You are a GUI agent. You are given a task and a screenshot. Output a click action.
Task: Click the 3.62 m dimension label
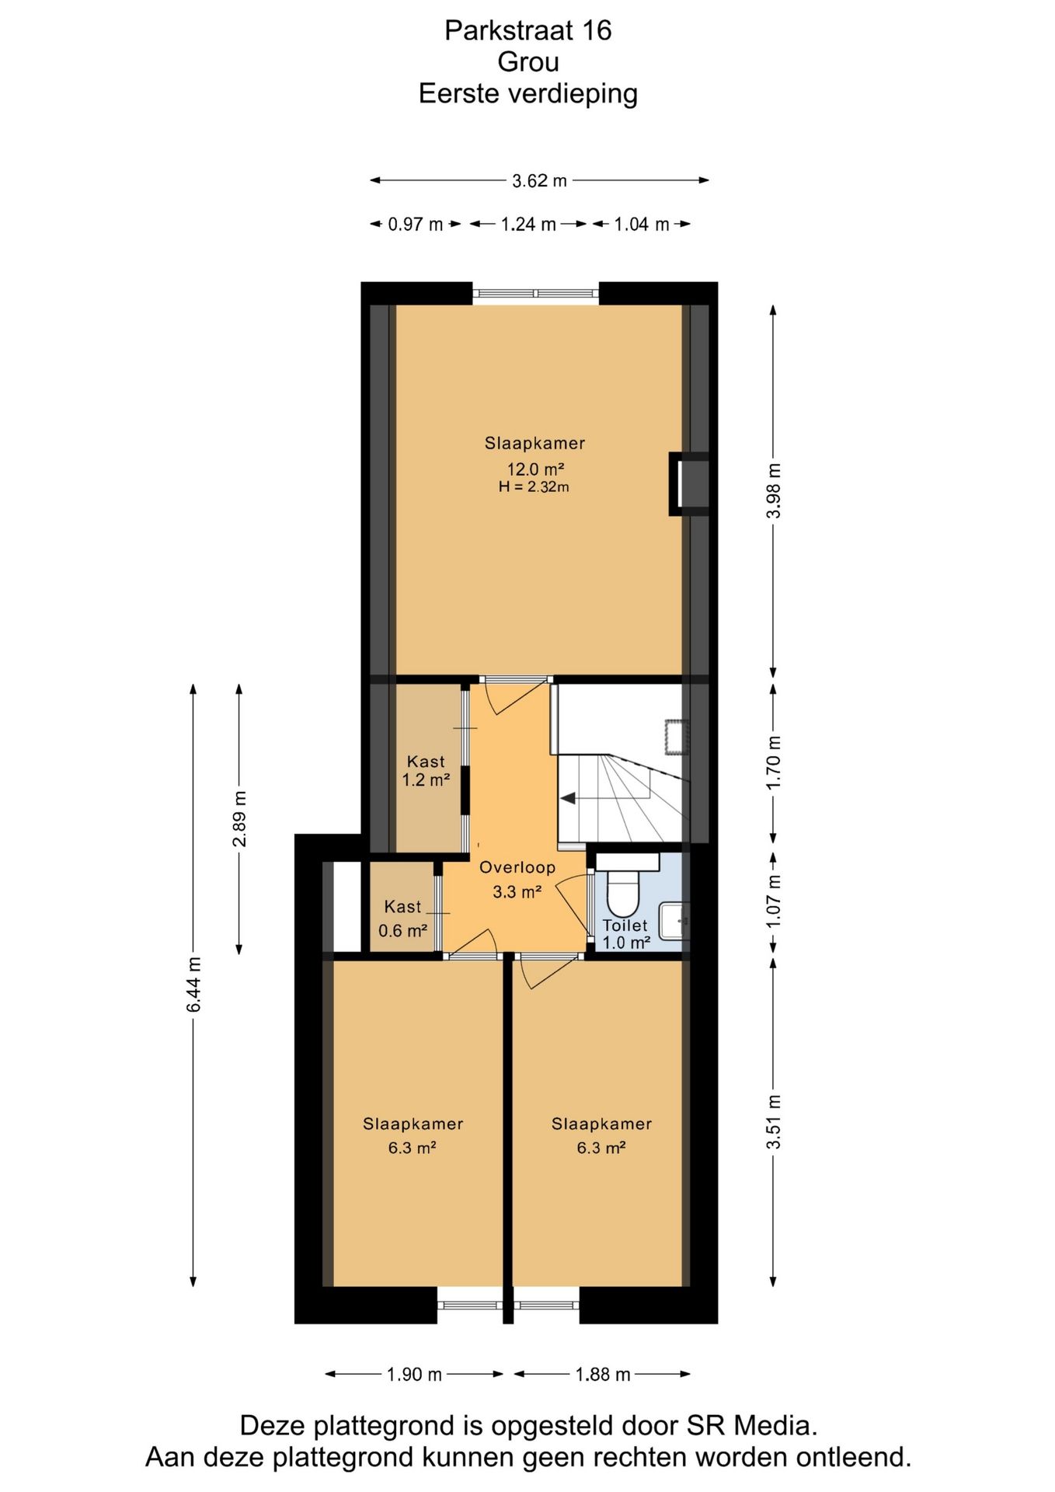(x=539, y=181)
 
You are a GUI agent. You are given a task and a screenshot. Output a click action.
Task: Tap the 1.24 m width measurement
(x=528, y=225)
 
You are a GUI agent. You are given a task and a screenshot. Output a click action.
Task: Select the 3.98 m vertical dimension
(x=774, y=490)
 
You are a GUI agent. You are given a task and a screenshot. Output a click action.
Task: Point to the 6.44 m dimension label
(x=193, y=985)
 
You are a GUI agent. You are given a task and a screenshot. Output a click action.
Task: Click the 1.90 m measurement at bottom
(x=414, y=1375)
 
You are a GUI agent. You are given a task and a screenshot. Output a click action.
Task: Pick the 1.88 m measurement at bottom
(x=603, y=1375)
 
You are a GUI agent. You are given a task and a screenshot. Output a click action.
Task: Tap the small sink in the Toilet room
(x=674, y=921)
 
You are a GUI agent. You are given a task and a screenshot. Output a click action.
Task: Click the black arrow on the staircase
(x=568, y=798)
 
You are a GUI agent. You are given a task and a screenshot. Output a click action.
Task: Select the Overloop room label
(x=517, y=868)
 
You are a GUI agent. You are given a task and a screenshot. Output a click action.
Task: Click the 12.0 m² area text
(x=535, y=469)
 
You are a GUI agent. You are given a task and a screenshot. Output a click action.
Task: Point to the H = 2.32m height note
(x=534, y=487)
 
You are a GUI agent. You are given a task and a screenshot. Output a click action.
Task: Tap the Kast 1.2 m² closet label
(x=426, y=771)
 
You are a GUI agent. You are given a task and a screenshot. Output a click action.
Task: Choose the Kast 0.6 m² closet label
(x=402, y=919)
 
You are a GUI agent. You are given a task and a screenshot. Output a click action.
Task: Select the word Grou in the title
(x=528, y=62)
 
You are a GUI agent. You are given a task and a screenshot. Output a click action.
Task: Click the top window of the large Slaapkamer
(x=536, y=293)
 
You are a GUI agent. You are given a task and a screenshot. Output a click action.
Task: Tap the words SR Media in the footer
(x=751, y=1426)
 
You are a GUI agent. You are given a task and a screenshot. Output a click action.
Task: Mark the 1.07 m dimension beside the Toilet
(x=774, y=901)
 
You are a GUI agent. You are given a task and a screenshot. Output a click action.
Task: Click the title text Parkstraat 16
(x=528, y=30)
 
